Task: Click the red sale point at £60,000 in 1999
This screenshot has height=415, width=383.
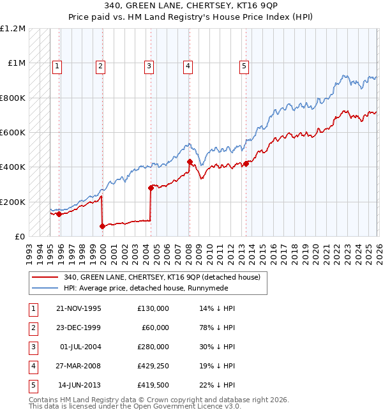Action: pos(102,226)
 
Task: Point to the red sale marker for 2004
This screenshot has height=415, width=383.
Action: pos(151,188)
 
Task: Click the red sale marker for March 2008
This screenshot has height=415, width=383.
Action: pos(190,162)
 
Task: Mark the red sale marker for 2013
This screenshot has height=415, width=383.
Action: pos(246,163)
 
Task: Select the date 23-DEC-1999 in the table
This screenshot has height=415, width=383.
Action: pos(79,327)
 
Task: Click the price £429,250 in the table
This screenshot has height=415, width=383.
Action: pos(153,365)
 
